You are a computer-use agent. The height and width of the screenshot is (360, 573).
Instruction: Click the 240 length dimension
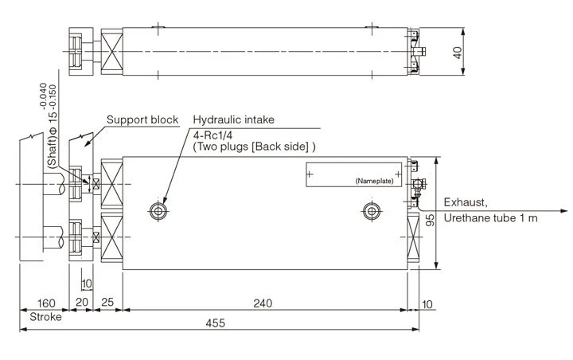coord(264,303)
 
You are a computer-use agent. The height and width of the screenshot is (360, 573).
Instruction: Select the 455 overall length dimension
coord(215,323)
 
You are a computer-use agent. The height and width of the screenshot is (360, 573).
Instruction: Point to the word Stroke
coord(45,316)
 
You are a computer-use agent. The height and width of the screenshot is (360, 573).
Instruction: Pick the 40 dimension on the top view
coord(456,52)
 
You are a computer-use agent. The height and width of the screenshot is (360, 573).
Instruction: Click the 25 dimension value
coord(107,303)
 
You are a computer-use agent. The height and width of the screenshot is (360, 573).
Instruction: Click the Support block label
coord(142,119)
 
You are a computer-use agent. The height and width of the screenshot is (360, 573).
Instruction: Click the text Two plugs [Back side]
coord(254,147)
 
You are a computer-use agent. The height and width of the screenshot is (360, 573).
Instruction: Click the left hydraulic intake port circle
coord(158,211)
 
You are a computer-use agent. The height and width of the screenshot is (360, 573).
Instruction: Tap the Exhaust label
coord(466,202)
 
